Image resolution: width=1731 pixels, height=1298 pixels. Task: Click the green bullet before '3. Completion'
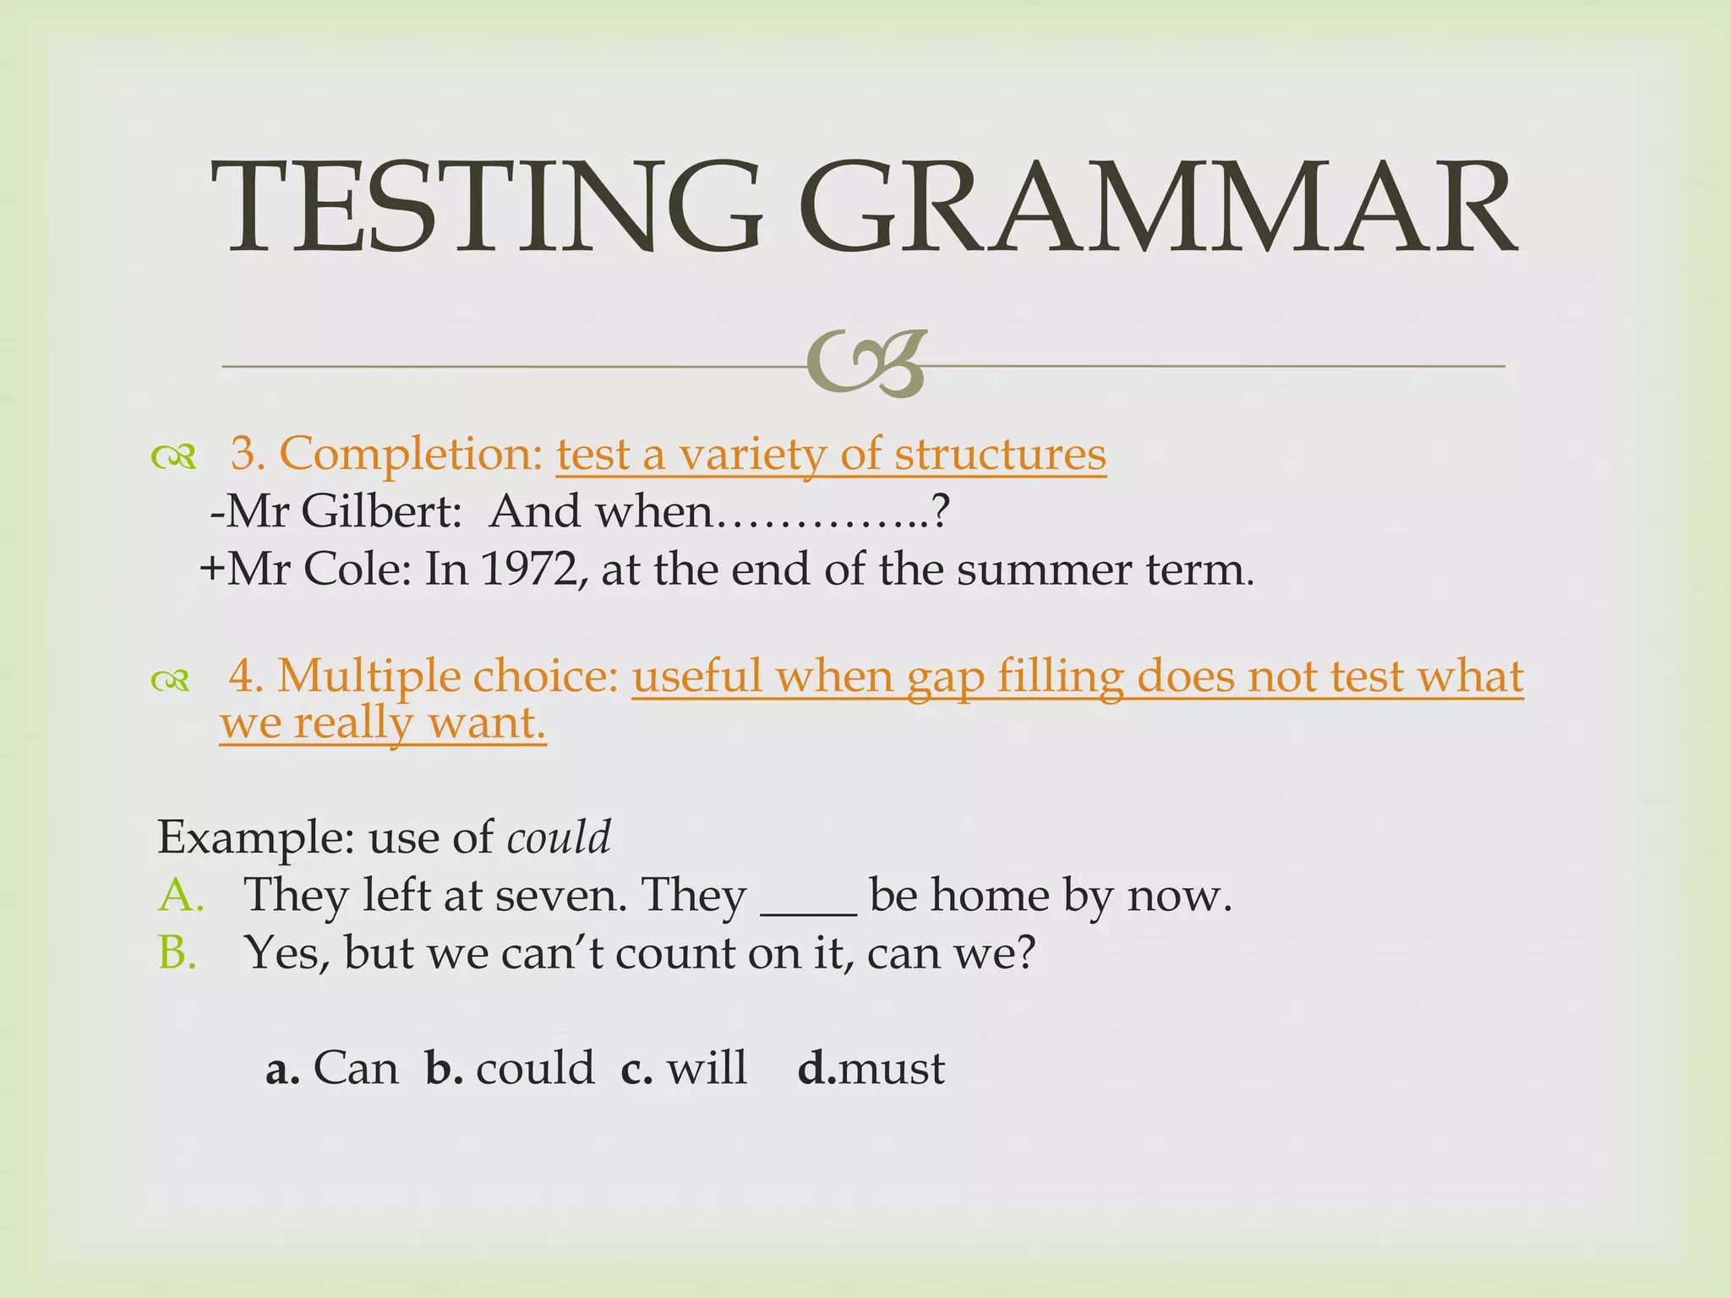click(174, 457)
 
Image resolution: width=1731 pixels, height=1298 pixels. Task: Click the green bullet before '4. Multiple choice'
click(172, 679)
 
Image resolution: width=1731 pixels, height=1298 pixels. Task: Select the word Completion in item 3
click(411, 455)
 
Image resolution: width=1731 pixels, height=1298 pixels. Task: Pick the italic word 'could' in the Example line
click(559, 837)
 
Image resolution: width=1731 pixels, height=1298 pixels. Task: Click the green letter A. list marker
click(181, 895)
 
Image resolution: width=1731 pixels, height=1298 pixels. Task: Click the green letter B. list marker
click(177, 952)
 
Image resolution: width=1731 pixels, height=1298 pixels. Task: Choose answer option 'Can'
click(355, 1068)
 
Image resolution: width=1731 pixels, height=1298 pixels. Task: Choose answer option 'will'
click(707, 1068)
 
